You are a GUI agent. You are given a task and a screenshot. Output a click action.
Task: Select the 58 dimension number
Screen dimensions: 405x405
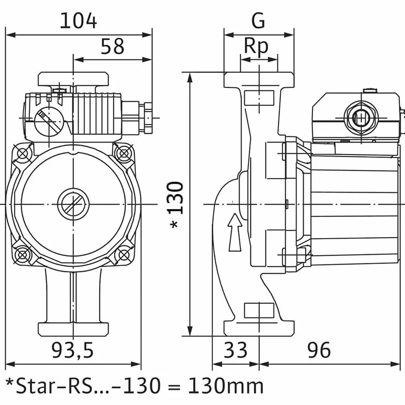(x=113, y=46)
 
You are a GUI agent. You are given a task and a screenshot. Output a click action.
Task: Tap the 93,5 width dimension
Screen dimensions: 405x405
(x=72, y=350)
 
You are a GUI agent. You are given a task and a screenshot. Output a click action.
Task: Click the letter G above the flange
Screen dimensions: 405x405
(x=258, y=21)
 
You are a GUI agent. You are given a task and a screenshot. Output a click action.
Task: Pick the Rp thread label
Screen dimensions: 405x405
(x=256, y=46)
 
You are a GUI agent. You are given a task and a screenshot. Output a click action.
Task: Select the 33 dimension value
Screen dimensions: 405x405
(x=236, y=350)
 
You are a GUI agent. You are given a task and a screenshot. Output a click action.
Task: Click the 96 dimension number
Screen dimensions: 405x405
(x=319, y=350)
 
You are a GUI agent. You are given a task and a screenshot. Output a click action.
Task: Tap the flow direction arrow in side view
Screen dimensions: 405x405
(x=235, y=232)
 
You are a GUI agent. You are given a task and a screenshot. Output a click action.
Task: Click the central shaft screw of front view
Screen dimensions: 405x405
(x=73, y=205)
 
